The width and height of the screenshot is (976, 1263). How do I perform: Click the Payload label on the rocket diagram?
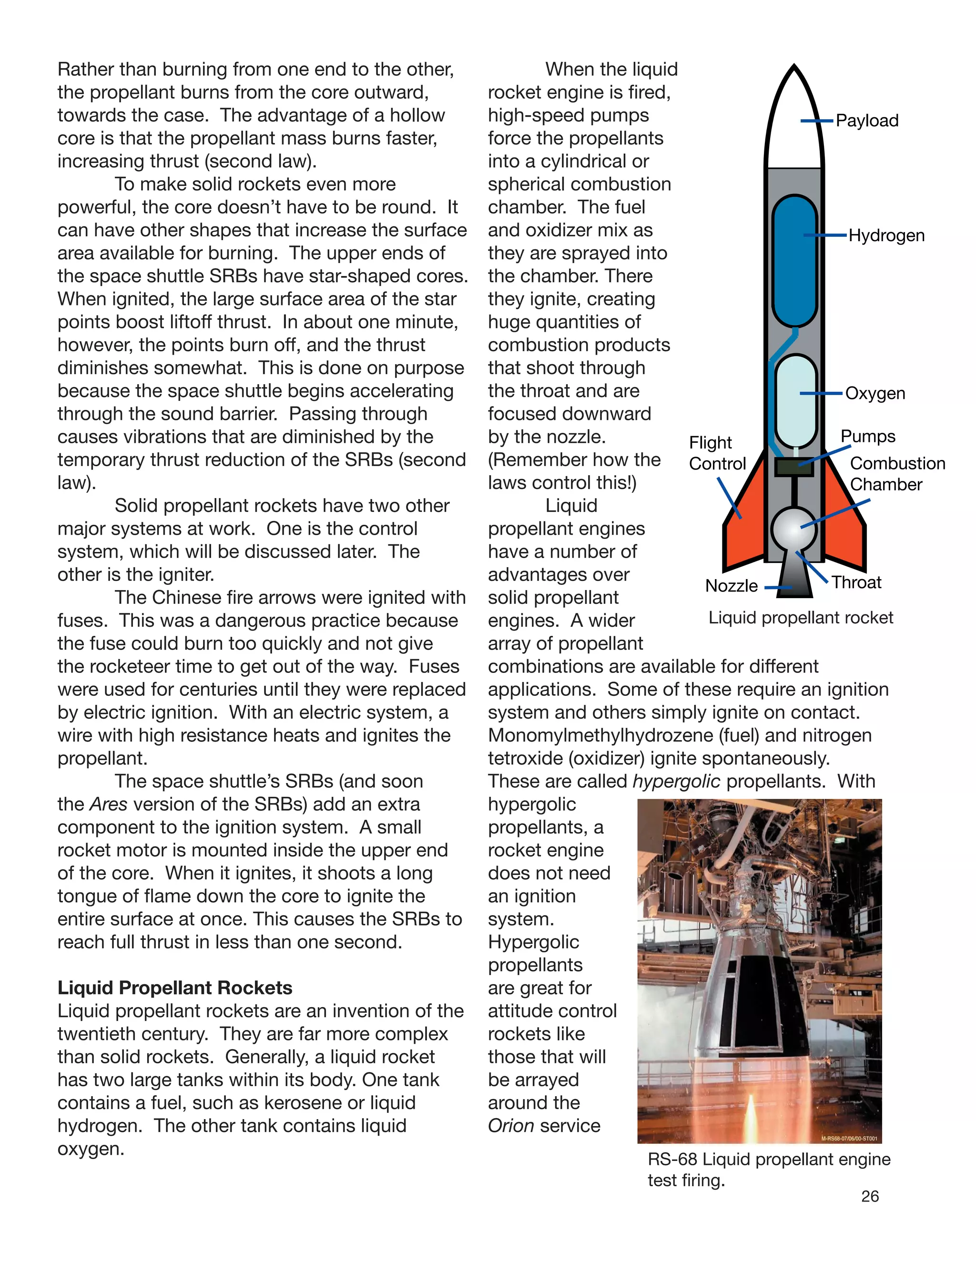point(867,121)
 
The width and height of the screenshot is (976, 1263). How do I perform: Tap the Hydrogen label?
point(886,236)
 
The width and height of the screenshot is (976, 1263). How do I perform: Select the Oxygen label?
point(875,393)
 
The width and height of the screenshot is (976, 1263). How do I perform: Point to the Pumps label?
point(867,436)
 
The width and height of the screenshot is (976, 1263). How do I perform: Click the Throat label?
point(856,582)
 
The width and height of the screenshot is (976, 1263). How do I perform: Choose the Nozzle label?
point(731,586)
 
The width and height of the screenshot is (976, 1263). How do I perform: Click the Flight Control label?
point(717,453)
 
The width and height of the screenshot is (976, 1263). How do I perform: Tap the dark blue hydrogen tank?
point(794,260)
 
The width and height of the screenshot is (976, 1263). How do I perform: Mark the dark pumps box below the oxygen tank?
point(794,467)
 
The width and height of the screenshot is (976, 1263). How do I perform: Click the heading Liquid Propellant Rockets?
point(174,988)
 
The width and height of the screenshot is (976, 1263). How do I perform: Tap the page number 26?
point(870,1196)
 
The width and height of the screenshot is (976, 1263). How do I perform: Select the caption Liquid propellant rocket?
point(800,618)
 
